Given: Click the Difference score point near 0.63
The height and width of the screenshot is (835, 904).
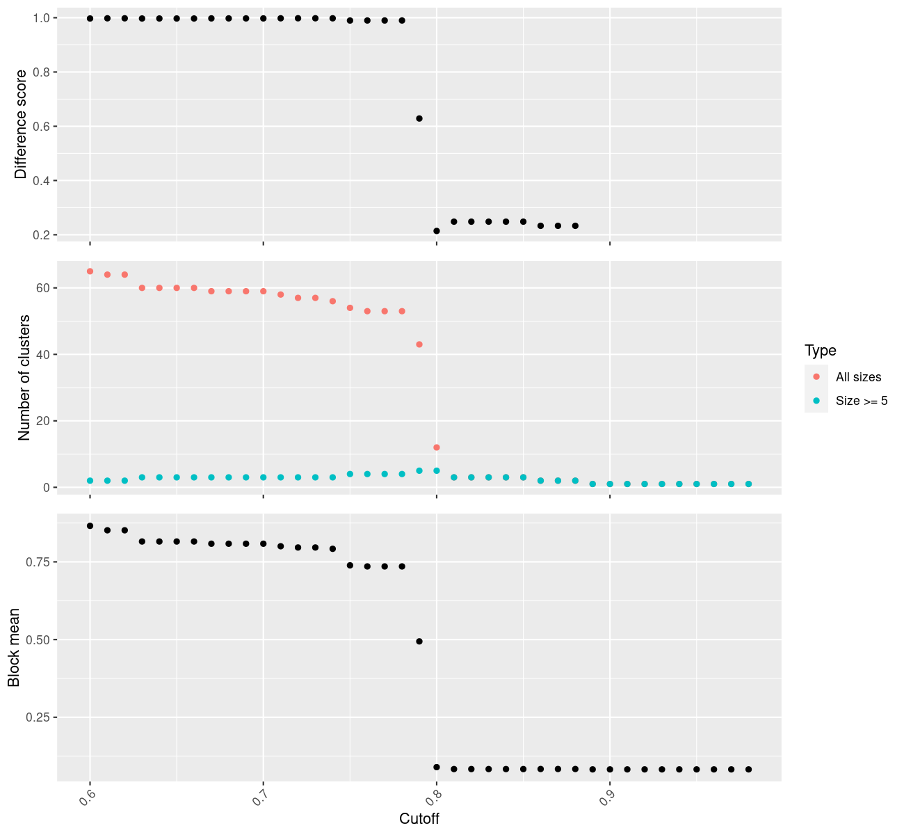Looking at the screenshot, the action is (x=419, y=118).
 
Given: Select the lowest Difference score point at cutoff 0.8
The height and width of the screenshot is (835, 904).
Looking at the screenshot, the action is (x=437, y=231).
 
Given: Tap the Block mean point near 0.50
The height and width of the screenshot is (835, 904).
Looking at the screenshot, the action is (x=419, y=642).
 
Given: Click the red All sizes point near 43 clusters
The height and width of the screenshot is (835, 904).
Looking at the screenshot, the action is (x=419, y=344).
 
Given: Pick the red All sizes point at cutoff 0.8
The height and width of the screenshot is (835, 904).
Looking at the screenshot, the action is (x=437, y=447).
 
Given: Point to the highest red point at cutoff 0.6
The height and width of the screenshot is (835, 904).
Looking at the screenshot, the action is (x=90, y=271).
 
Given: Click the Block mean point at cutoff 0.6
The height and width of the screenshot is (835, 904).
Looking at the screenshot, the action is (x=90, y=525).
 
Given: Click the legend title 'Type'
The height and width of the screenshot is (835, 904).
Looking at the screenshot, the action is (x=821, y=351).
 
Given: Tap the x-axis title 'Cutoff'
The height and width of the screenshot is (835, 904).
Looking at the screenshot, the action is (x=419, y=818).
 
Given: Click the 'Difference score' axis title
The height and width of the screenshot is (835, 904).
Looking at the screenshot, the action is (x=21, y=125).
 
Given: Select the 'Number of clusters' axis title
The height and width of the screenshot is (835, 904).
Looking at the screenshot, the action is (x=24, y=378).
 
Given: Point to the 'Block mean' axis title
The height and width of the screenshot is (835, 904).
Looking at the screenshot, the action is (x=14, y=647).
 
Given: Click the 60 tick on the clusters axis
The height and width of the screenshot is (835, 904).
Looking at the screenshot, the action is (x=43, y=288).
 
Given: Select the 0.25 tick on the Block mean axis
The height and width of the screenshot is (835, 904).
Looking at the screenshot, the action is (x=38, y=717).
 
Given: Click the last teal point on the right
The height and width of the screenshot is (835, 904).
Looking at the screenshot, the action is (x=748, y=484).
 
